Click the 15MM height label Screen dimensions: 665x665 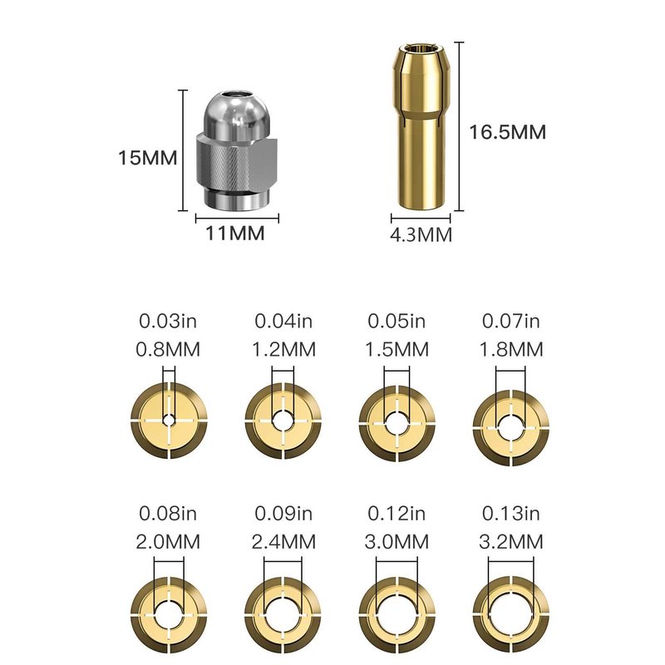click(148, 158)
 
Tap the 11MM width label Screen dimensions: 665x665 click(235, 234)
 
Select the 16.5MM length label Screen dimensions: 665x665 click(507, 132)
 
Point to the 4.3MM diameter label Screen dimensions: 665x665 click(421, 234)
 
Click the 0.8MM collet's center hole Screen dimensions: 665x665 click(170, 421)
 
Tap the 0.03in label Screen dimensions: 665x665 click(168, 321)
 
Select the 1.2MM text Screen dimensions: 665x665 click(283, 350)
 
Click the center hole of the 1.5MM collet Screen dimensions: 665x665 click(397, 422)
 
